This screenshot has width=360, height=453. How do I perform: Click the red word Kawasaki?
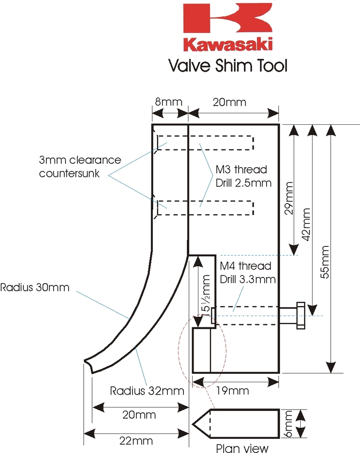[x=228, y=44]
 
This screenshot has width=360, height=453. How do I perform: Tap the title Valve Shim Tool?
[x=228, y=65]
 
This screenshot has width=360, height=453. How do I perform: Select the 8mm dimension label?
[x=168, y=102]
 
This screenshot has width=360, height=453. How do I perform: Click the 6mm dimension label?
[x=289, y=424]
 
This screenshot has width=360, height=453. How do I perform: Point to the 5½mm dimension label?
[x=205, y=293]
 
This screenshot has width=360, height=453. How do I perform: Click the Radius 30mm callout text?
[x=35, y=287]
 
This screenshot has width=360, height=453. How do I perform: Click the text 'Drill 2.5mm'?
[x=243, y=182]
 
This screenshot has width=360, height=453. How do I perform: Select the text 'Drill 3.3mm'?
[x=248, y=279]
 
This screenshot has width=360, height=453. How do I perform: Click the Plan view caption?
[x=242, y=448]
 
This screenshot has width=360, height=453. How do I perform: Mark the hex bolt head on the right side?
[x=300, y=316]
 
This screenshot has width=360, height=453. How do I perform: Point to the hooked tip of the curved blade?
[x=87, y=364]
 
